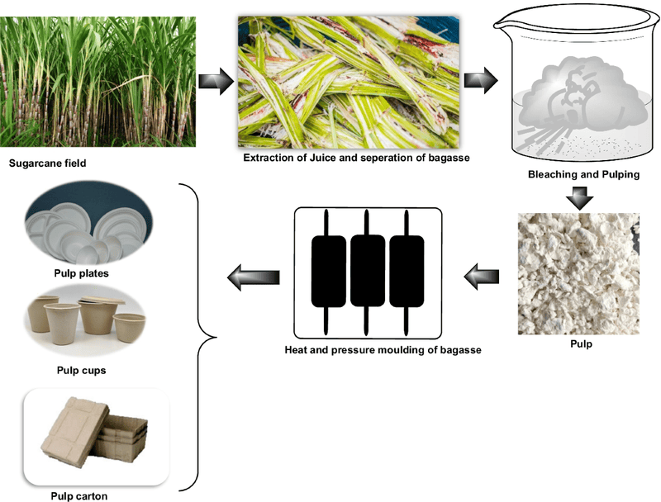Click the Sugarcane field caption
(x=47, y=163)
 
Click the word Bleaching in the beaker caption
(x=554, y=175)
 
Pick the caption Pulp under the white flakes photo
(x=581, y=343)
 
